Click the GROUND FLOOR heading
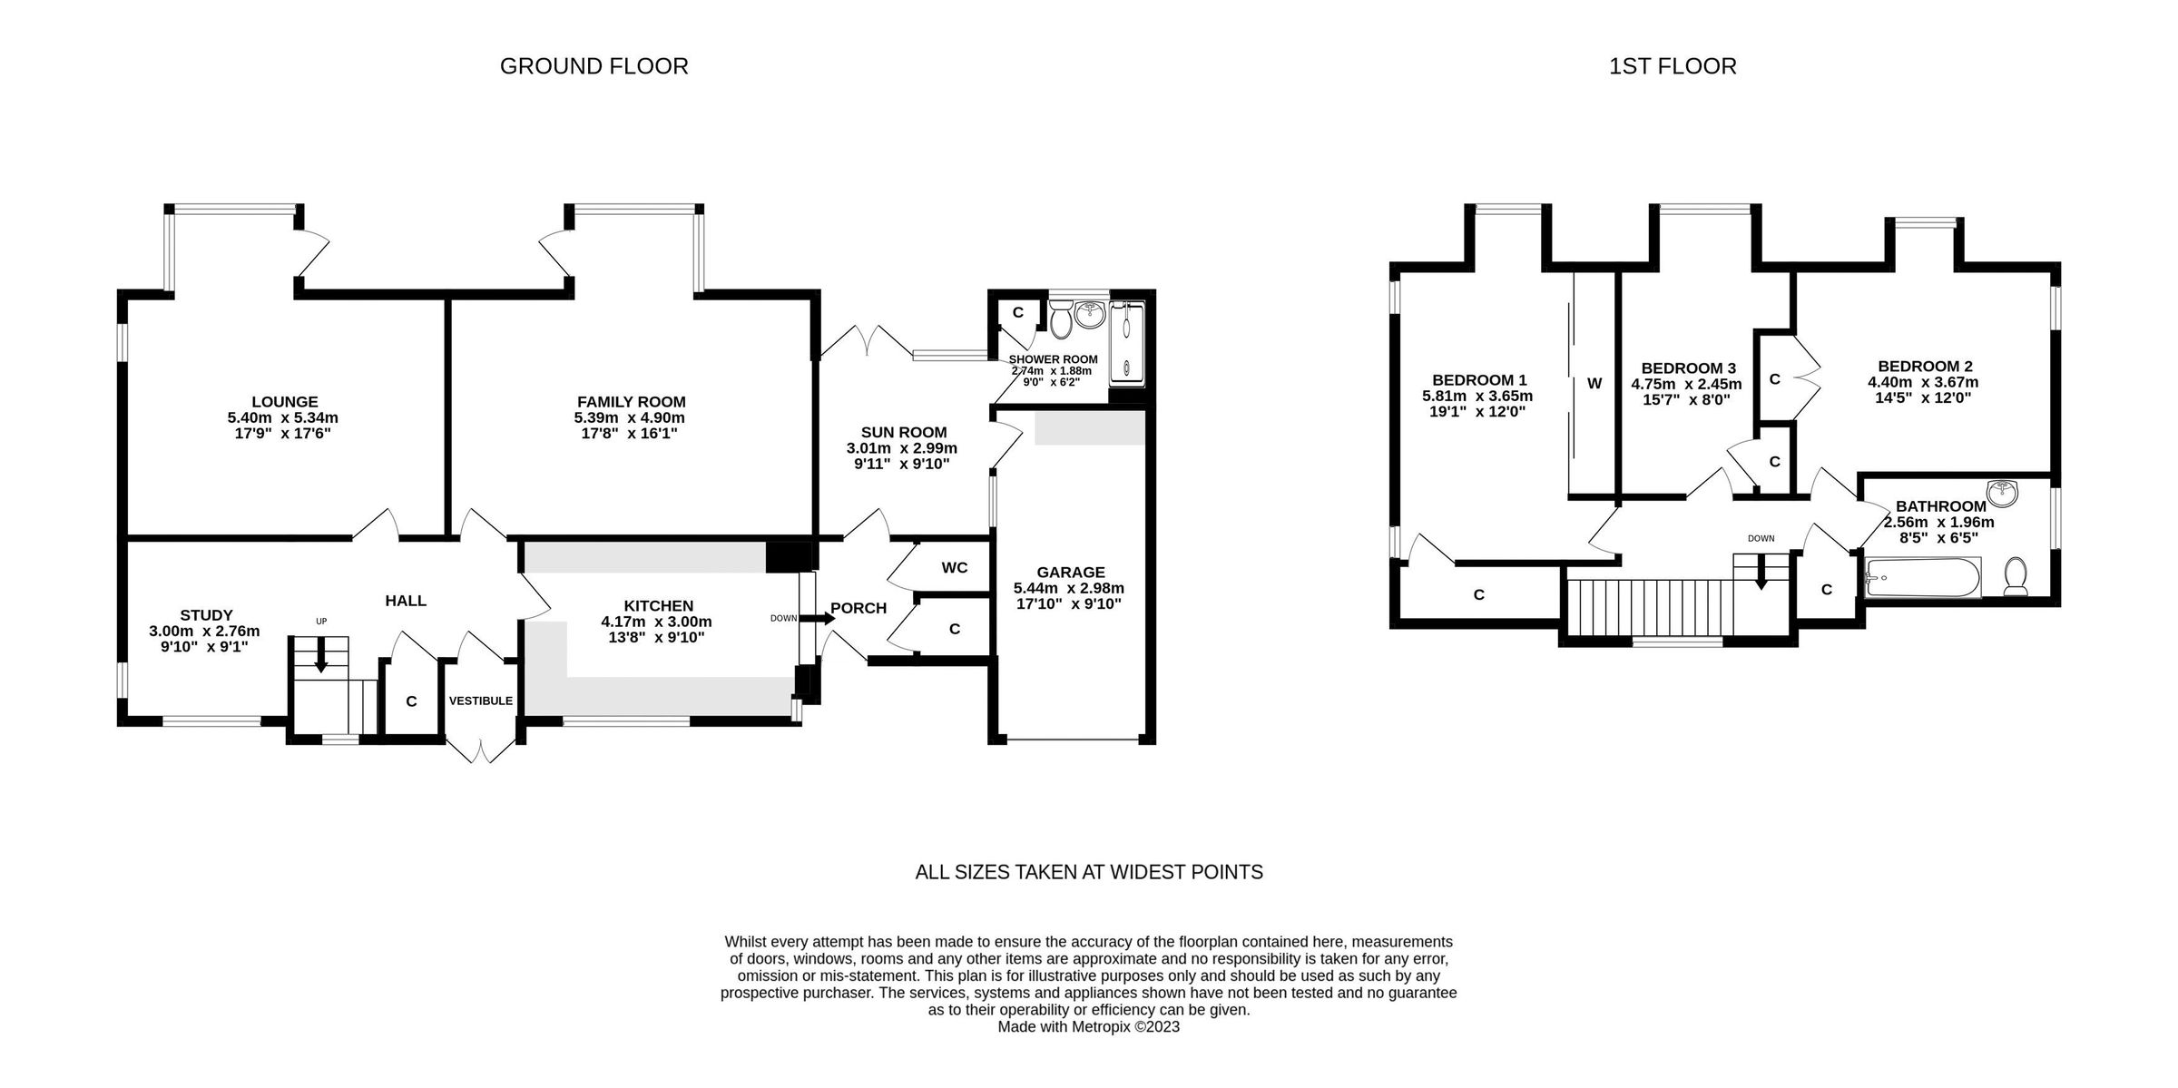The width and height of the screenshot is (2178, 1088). [594, 66]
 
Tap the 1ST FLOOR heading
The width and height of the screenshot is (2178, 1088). [1673, 66]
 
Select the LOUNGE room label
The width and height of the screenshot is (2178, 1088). [284, 402]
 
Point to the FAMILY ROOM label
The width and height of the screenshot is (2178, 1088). [631, 402]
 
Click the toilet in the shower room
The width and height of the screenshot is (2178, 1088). [1060, 320]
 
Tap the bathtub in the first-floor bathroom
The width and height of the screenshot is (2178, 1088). [1922, 577]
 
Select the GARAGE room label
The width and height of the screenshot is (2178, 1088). [1071, 573]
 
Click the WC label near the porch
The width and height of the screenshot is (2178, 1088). [954, 568]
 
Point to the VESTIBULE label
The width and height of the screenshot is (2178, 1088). [480, 701]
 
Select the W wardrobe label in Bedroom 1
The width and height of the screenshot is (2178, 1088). [1594, 384]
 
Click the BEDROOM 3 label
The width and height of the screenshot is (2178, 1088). [1688, 368]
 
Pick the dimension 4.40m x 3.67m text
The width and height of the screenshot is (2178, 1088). [1923, 383]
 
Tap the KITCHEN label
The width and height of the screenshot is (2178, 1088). [658, 606]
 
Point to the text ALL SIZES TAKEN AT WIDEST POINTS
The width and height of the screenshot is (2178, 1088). [1088, 872]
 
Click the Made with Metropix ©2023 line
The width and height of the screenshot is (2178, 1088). [1088, 1027]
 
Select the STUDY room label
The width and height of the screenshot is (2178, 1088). [206, 615]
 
